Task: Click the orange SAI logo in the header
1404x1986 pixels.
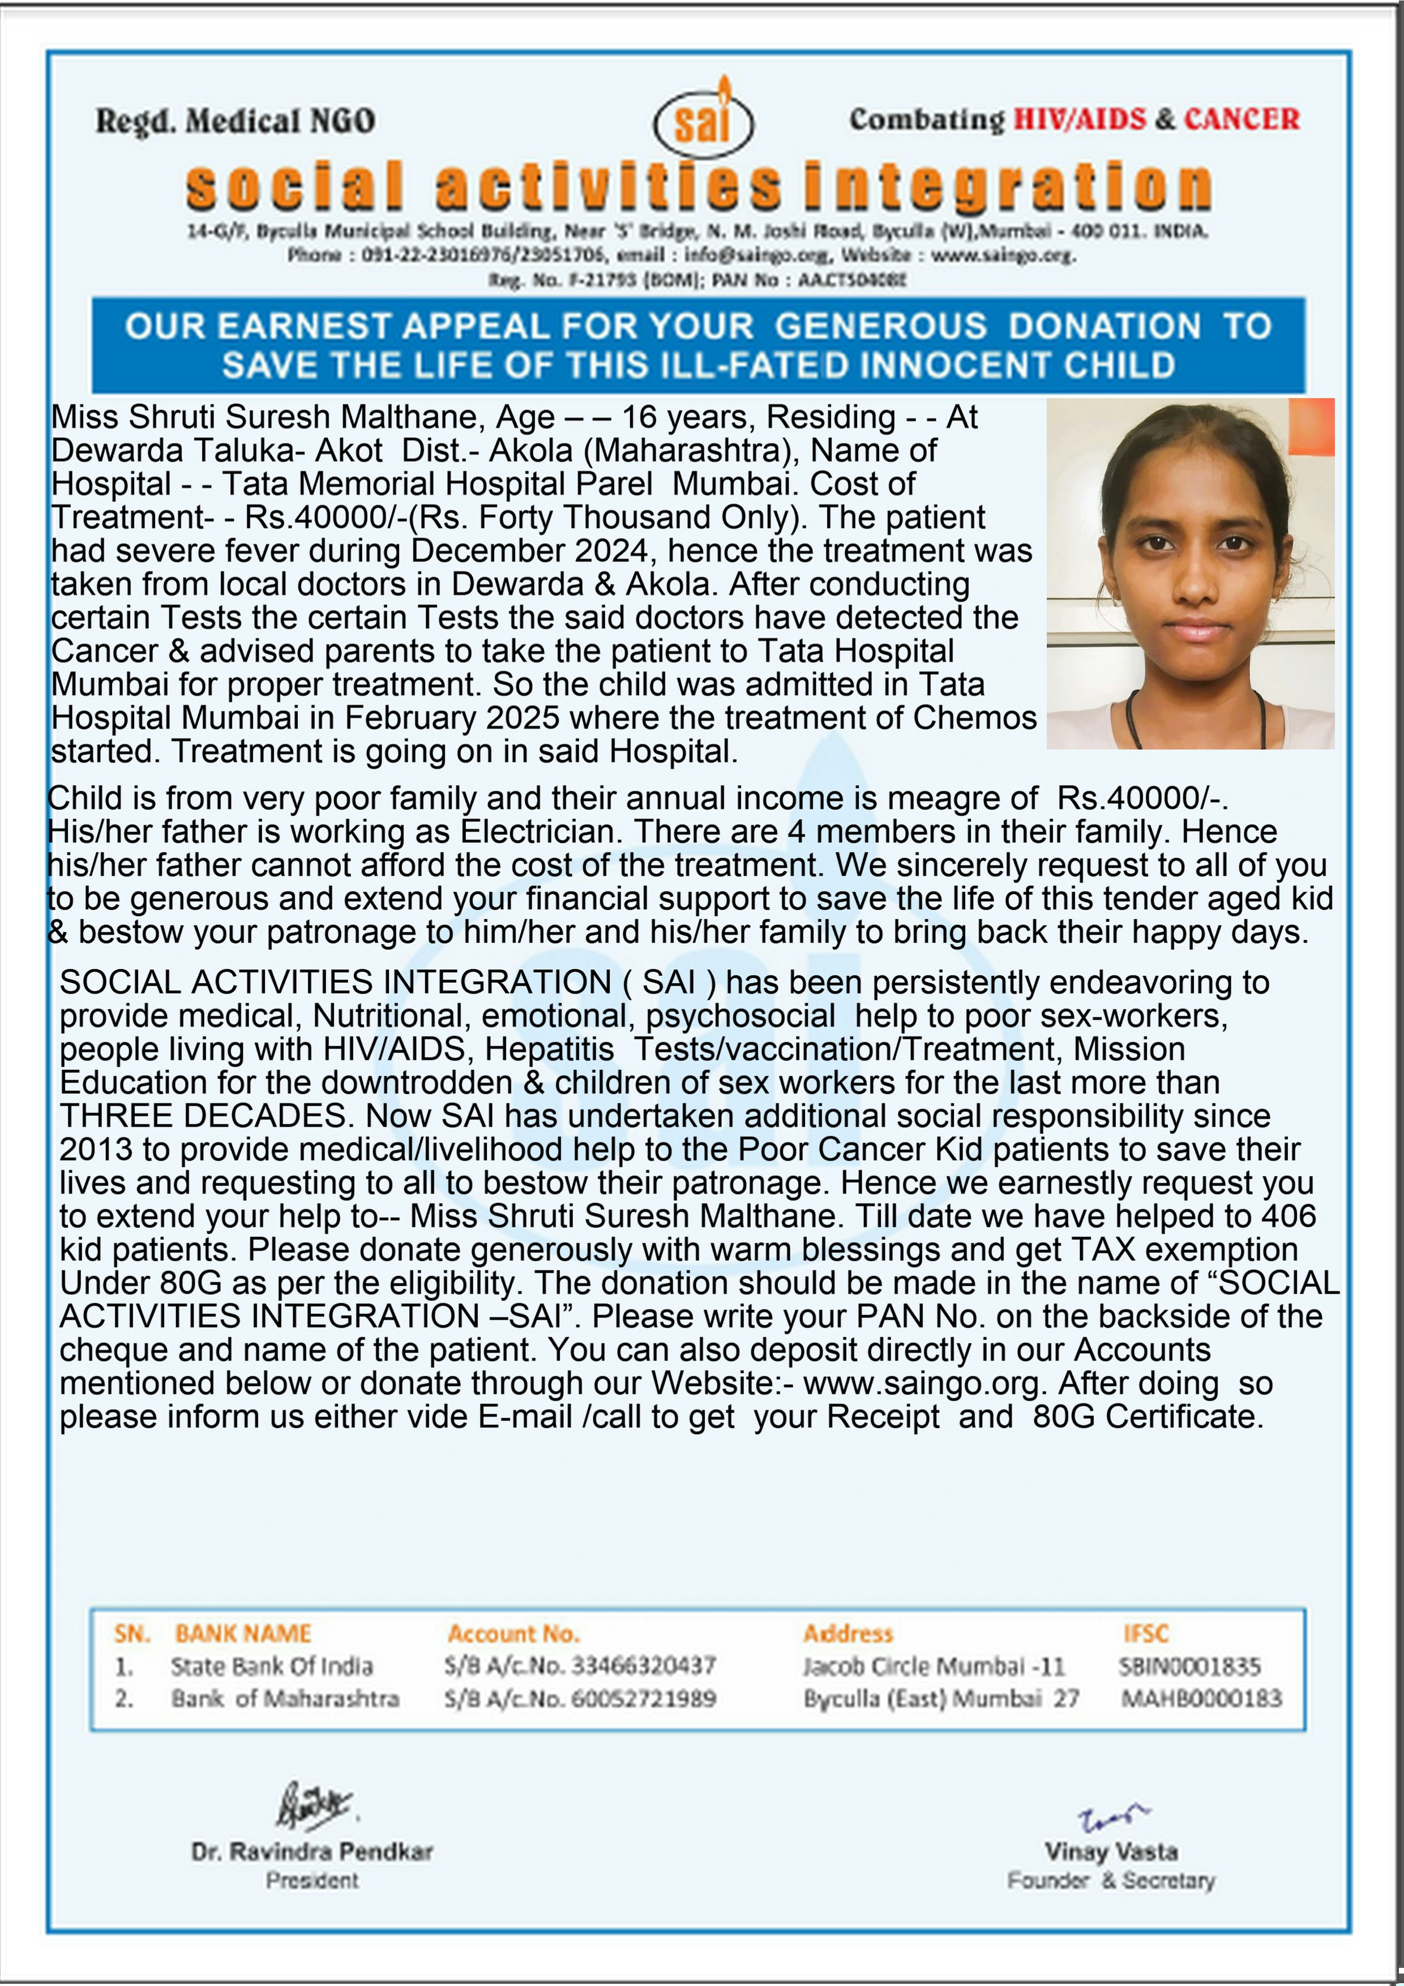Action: tap(703, 121)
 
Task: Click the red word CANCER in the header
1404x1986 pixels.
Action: tap(1242, 119)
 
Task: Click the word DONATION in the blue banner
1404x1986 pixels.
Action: tap(1105, 326)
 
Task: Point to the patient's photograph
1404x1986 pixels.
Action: tap(1191, 573)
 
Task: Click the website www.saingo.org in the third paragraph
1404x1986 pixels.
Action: tap(921, 1383)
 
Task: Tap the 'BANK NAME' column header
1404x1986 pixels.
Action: tap(243, 1634)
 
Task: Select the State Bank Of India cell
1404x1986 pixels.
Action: tap(272, 1667)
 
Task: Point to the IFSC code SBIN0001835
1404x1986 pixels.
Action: tap(1189, 1667)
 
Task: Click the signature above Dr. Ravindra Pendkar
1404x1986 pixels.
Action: tap(313, 1806)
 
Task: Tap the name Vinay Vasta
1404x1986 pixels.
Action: tap(1111, 1852)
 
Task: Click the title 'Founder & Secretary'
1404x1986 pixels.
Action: tap(1111, 1881)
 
